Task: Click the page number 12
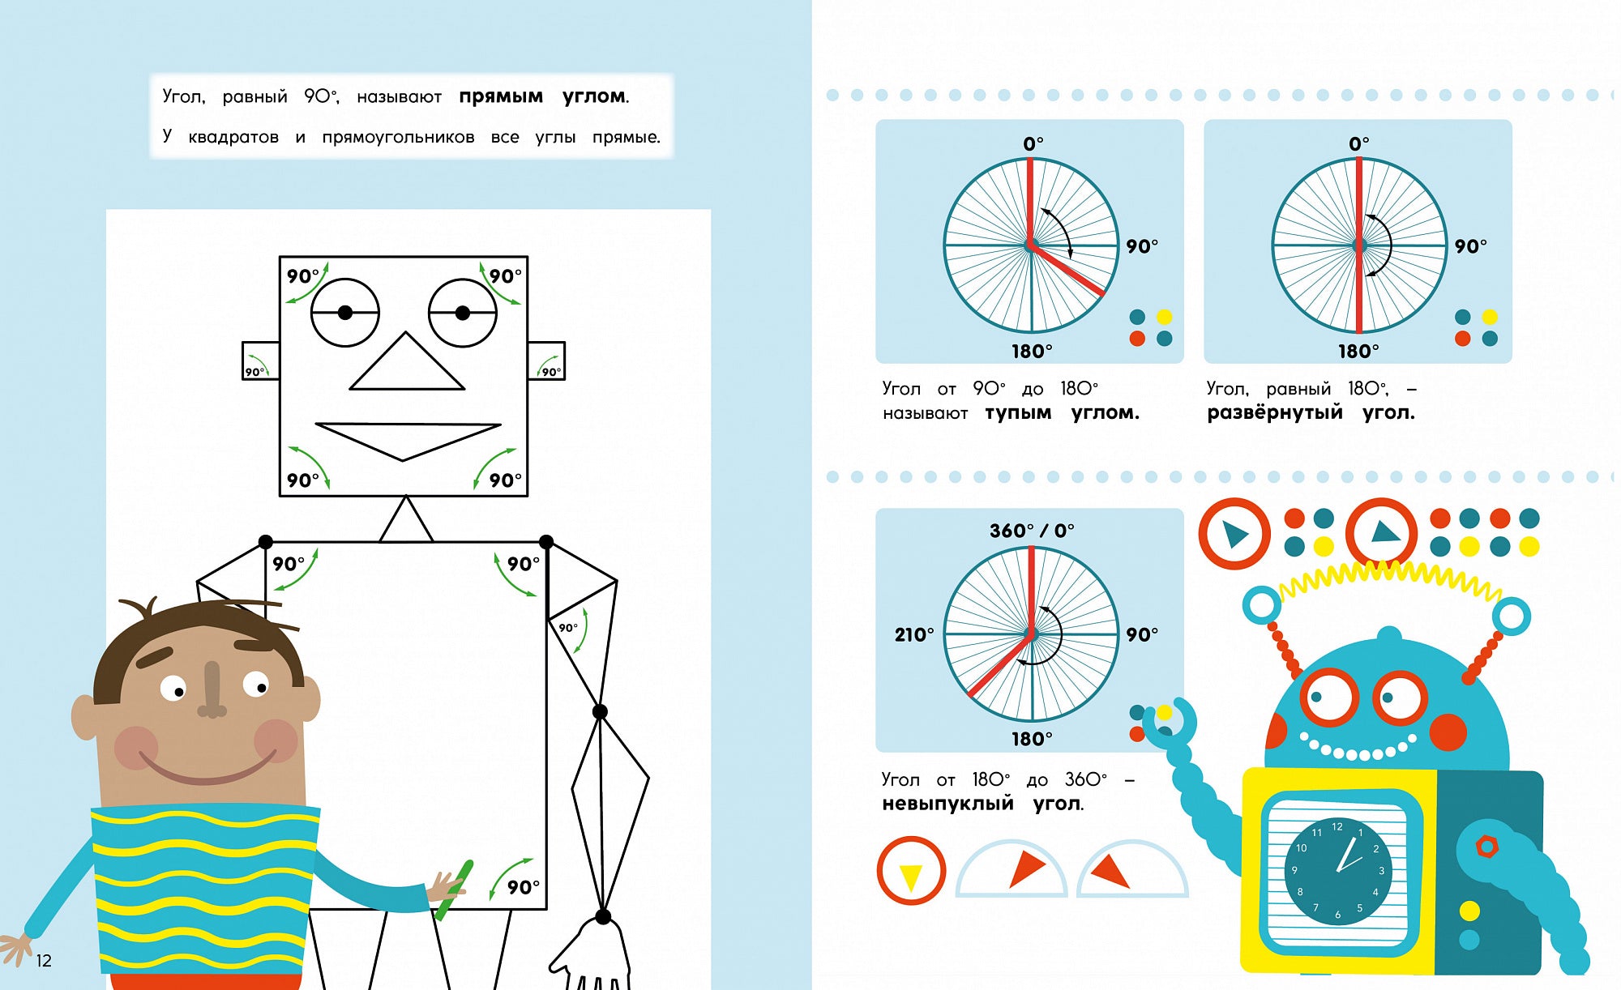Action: point(44,961)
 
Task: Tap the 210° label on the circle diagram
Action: point(914,634)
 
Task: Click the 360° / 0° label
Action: point(1032,531)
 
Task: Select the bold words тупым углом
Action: point(1062,413)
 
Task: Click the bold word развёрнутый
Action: point(1274,412)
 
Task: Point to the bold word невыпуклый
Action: point(947,804)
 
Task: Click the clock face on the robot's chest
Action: point(1338,872)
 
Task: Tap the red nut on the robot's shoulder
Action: point(1486,847)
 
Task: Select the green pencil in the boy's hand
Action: point(454,890)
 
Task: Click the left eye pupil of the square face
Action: point(345,313)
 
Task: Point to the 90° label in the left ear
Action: point(254,372)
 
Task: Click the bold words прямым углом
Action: point(543,97)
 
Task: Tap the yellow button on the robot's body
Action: point(1469,911)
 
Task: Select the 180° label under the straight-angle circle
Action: point(1358,351)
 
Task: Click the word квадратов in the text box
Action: point(233,137)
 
